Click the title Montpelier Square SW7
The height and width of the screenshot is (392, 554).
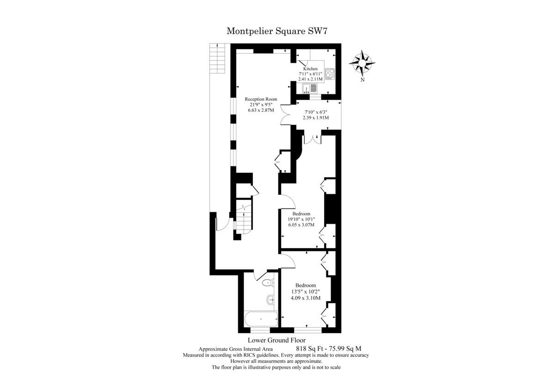tap(277, 31)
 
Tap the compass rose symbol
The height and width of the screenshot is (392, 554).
tap(362, 63)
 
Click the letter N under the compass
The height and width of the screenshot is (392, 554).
tap(362, 80)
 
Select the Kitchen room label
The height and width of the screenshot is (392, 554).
tap(310, 68)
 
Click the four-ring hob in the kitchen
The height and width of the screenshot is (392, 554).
tap(330, 74)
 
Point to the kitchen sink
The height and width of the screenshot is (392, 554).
tap(309, 88)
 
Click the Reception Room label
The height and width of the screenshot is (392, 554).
tap(261, 99)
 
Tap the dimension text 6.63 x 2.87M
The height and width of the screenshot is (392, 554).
tap(261, 110)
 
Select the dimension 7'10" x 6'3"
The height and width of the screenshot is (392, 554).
tap(316, 112)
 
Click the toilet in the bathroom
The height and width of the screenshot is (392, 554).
tap(268, 282)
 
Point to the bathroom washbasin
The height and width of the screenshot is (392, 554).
tap(271, 300)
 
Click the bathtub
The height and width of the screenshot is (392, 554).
tap(261, 319)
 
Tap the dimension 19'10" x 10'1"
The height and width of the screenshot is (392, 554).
tap(301, 219)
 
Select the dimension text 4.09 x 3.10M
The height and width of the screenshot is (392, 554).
tap(306, 298)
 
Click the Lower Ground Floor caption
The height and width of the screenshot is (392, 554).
tap(277, 340)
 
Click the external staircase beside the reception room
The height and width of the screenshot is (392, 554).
tap(217, 58)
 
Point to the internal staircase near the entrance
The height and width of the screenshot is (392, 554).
tap(244, 217)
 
